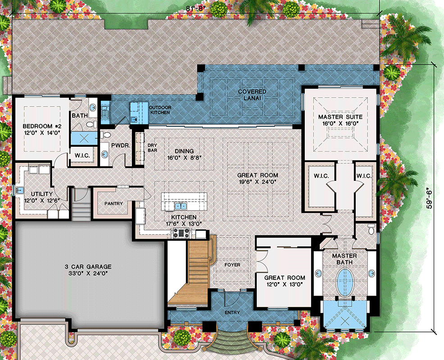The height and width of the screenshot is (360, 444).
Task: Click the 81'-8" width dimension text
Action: click(195, 8)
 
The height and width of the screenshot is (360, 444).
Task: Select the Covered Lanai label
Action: click(252, 95)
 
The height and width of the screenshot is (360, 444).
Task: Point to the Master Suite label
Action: click(340, 120)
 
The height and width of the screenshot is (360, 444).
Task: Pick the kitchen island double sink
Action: click(181, 206)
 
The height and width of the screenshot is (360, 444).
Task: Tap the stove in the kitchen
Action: click(181, 233)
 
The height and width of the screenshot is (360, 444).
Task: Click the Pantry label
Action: click(113, 203)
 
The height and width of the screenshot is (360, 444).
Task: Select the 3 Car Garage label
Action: click(88, 270)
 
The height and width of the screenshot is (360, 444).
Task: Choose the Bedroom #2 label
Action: click(42, 129)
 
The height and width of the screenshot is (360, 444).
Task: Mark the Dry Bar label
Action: click(152, 148)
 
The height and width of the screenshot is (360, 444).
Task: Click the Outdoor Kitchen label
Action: click(160, 110)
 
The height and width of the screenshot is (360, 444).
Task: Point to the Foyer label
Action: click(232, 265)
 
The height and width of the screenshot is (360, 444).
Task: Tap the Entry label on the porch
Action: click(232, 312)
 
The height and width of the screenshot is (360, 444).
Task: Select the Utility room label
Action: click(41, 197)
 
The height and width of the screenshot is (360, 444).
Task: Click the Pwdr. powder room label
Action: click(121, 145)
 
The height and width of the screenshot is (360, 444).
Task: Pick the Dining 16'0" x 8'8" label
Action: click(184, 154)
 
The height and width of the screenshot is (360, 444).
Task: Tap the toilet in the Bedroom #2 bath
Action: click(91, 124)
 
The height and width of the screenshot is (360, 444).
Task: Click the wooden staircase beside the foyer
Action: click(195, 272)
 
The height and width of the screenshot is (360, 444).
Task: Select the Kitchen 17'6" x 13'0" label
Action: click(184, 220)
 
